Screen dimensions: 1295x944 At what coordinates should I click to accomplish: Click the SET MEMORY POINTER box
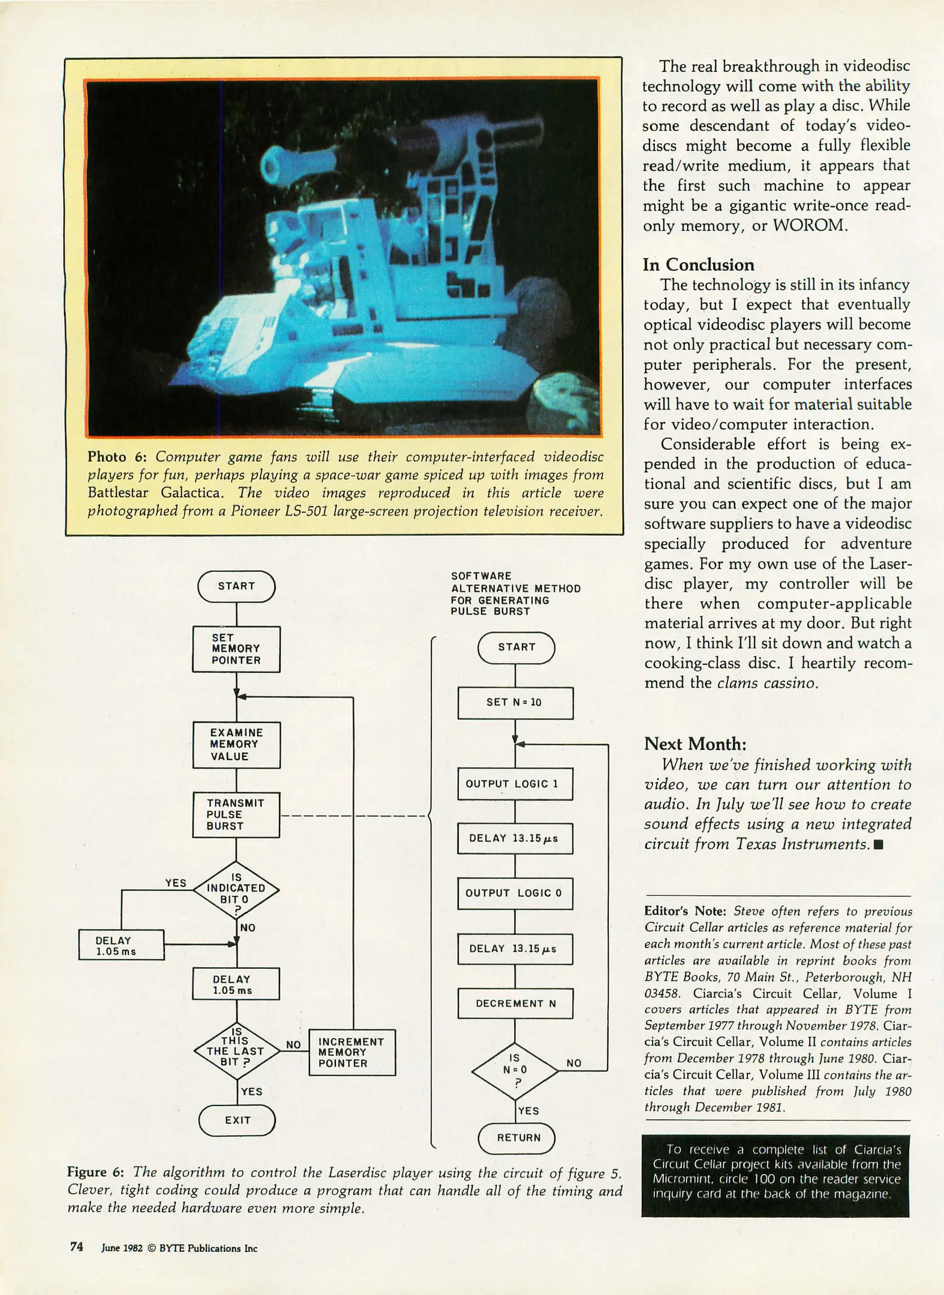(x=236, y=649)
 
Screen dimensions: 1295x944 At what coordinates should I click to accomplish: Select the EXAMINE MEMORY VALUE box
(x=236, y=745)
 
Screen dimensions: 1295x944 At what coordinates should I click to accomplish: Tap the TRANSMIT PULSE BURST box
(x=236, y=815)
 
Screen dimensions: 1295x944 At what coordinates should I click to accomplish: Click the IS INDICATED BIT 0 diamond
(x=236, y=890)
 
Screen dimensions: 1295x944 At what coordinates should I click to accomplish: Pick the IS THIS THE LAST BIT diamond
(x=237, y=1051)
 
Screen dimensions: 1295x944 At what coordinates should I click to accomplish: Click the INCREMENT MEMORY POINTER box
(x=352, y=1053)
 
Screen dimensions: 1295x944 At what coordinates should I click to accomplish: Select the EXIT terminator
(x=237, y=1120)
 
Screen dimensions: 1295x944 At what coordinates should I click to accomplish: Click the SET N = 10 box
(x=515, y=703)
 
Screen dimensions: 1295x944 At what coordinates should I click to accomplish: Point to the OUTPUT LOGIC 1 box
(x=515, y=784)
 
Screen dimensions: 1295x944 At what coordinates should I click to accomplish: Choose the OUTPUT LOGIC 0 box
(x=515, y=893)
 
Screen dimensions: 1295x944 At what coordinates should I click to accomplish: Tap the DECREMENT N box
(x=515, y=1004)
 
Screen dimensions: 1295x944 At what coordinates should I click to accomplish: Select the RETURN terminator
(x=517, y=1138)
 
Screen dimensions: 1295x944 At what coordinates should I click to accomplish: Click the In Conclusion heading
(x=699, y=265)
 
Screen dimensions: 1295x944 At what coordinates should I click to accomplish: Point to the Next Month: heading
(x=695, y=744)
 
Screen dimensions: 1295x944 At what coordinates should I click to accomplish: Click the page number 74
(x=77, y=1247)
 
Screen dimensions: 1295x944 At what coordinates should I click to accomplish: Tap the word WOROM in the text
(x=809, y=225)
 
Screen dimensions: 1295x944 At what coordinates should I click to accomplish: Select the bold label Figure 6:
(x=95, y=1173)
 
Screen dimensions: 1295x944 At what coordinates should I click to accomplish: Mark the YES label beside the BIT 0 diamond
(x=176, y=883)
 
